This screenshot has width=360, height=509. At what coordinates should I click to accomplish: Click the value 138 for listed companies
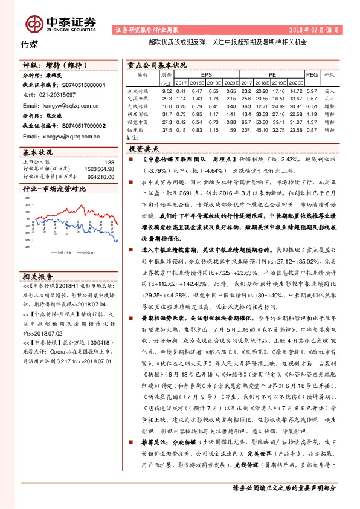[x=109, y=162]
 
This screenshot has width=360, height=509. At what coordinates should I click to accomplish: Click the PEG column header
[x=312, y=74]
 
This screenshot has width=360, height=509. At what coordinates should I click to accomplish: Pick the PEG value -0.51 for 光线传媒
[x=312, y=106]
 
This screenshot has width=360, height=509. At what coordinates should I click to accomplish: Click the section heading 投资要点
[x=144, y=148]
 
